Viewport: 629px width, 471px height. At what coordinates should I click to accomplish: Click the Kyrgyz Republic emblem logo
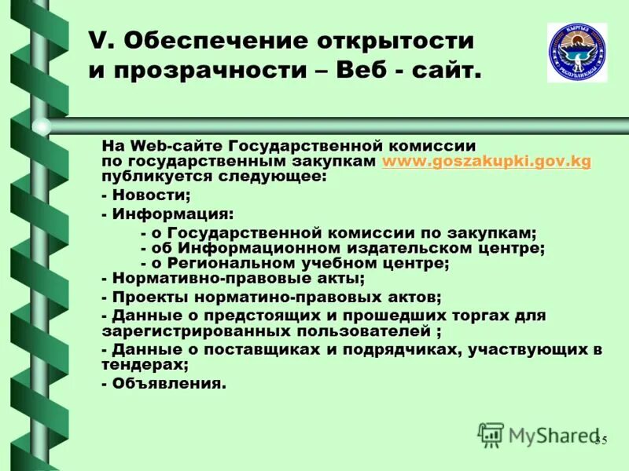tap(577, 53)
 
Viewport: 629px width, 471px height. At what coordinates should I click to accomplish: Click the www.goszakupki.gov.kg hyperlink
tap(486, 161)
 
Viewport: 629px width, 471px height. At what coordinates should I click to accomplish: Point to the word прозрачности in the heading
tap(193, 71)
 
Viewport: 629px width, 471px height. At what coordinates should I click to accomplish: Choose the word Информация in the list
tap(171, 214)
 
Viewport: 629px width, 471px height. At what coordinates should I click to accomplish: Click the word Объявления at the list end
tap(168, 384)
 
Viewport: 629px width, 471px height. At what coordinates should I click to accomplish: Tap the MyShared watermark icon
tap(491, 433)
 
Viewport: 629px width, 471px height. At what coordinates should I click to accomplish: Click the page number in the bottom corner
tap(601, 440)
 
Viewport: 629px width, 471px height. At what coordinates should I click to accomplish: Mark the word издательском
tap(381, 248)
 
